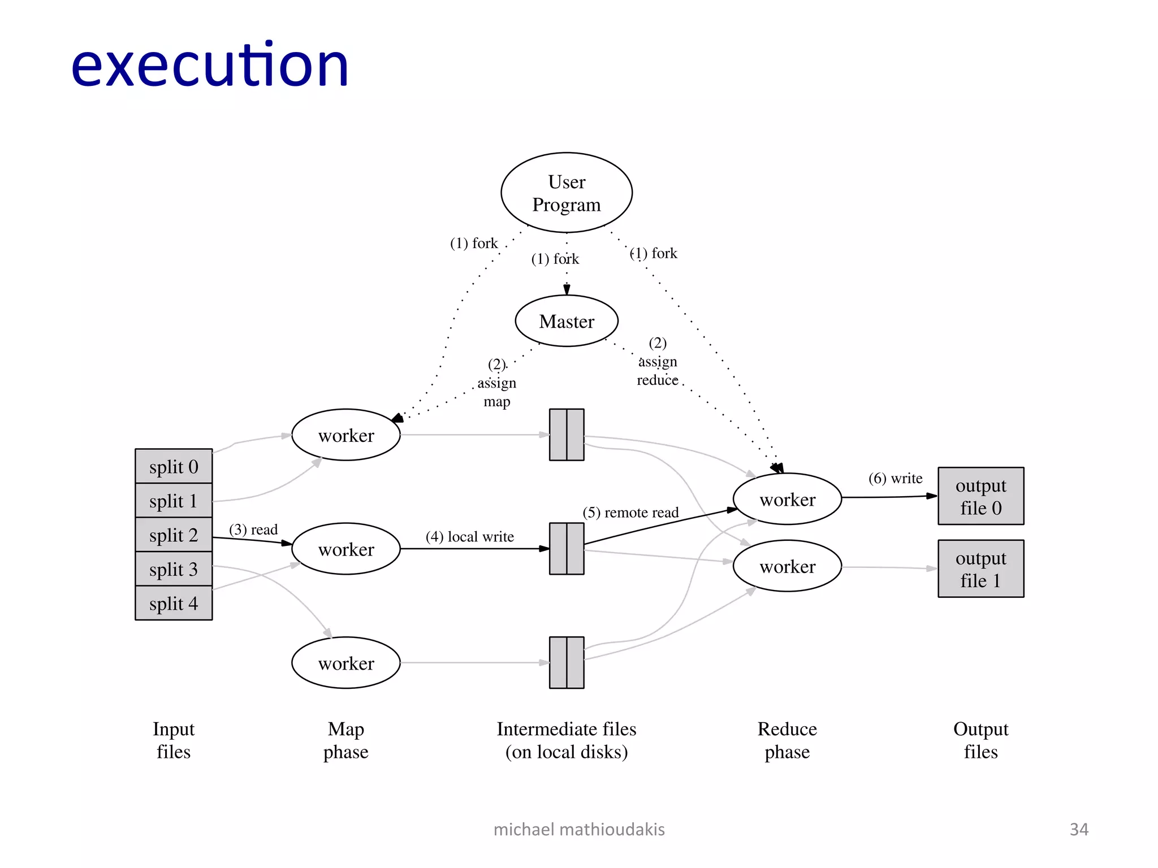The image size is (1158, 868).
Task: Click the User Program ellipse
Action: [x=567, y=193]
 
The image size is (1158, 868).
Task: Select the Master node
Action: [x=567, y=321]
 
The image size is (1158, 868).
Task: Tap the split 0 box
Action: [x=174, y=467]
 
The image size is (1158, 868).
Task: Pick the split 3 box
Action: [x=174, y=569]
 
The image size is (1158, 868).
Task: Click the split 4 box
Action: [x=174, y=604]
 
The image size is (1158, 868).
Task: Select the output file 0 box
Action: [x=980, y=496]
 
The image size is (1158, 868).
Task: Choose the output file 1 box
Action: [x=980, y=568]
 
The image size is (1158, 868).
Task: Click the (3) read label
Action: [x=253, y=530]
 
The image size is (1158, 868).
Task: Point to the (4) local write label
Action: [x=470, y=536]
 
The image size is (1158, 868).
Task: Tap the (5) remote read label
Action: [x=630, y=513]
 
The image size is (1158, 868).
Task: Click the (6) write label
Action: [x=895, y=479]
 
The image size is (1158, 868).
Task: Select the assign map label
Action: [x=496, y=384]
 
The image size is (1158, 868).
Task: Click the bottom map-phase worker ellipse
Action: [x=346, y=663]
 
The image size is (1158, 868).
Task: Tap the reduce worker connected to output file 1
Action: [x=787, y=566]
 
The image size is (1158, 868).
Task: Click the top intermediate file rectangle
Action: [x=567, y=435]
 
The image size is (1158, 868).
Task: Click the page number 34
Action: [x=1079, y=829]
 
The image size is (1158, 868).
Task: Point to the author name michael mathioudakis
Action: [x=579, y=829]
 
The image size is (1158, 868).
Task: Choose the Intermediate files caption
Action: [x=567, y=740]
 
